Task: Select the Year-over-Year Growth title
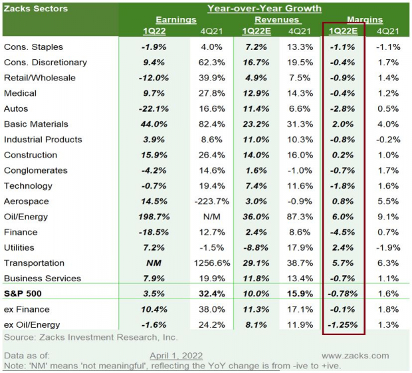pyautogui.click(x=264, y=9)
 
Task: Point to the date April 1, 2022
pyautogui.click(x=176, y=356)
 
